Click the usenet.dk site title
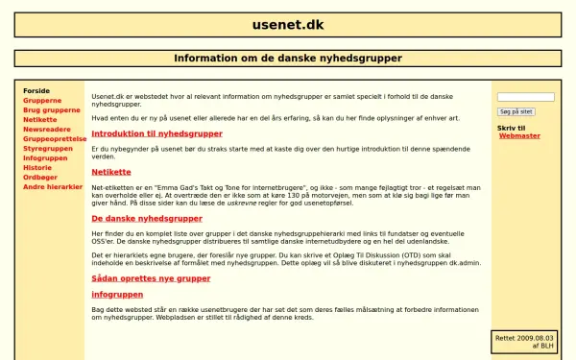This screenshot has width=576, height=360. click(x=287, y=24)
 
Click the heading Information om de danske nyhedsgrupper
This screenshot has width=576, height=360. click(x=287, y=59)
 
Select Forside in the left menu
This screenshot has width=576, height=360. click(x=36, y=90)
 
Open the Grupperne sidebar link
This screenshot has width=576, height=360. click(x=43, y=100)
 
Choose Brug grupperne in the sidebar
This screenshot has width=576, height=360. click(x=52, y=109)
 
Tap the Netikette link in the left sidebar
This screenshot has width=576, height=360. click(x=40, y=119)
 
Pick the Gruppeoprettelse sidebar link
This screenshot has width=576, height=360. click(x=55, y=138)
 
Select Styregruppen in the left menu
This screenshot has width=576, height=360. click(x=49, y=148)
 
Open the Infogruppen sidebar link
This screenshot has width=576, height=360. click(x=45, y=157)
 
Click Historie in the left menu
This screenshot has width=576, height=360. click(x=37, y=167)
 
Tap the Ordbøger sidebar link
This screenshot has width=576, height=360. click(x=40, y=177)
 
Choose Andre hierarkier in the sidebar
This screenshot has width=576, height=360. click(x=53, y=186)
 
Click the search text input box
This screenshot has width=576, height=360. click(x=525, y=97)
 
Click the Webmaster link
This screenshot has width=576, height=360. click(x=519, y=135)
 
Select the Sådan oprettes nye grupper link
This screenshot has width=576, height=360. click(x=151, y=277)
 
